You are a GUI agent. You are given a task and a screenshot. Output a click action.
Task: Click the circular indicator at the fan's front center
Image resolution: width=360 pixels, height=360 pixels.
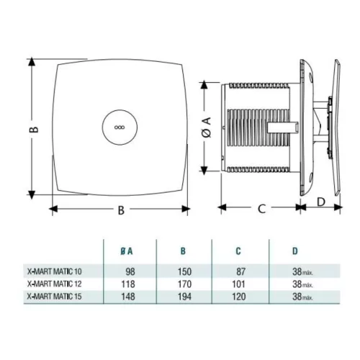pyautogui.click(x=119, y=125)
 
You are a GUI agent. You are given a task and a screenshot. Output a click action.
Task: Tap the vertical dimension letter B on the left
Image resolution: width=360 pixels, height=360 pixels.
pyautogui.click(x=32, y=130)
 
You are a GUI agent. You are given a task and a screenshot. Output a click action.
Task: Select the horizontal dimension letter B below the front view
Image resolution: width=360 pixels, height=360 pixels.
pyautogui.click(x=121, y=210)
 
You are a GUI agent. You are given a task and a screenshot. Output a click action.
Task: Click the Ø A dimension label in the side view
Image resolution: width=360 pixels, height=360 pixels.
pyautogui.click(x=207, y=130)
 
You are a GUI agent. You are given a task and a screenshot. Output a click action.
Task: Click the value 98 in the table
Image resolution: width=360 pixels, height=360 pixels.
pyautogui.click(x=130, y=272)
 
